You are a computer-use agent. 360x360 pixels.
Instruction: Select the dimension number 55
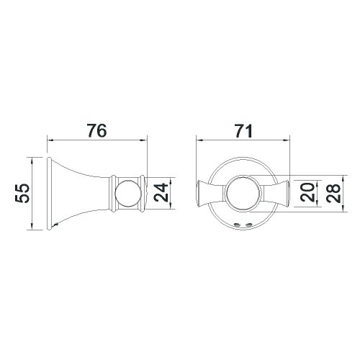[x=23, y=192]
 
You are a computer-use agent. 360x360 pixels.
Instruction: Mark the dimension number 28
[x=332, y=192]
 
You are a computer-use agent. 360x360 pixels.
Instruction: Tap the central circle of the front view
[x=240, y=193]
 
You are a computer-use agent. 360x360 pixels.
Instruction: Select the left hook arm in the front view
[x=210, y=193]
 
